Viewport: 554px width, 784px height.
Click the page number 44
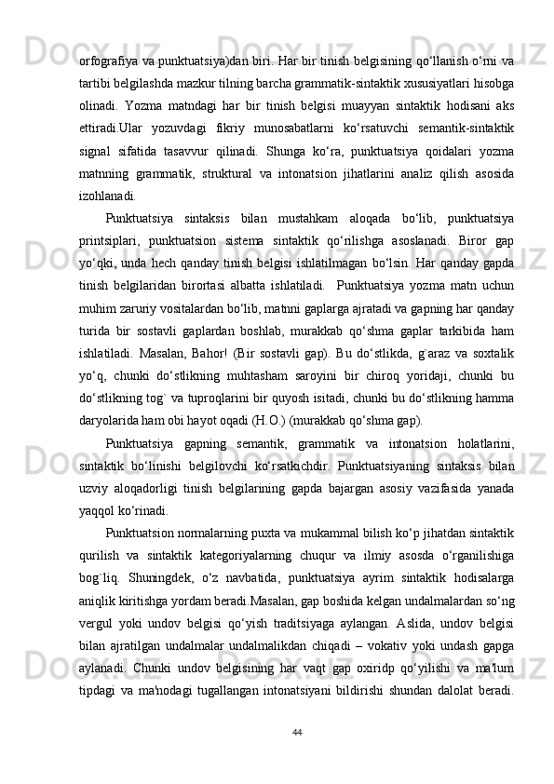pyautogui.click(x=296, y=732)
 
